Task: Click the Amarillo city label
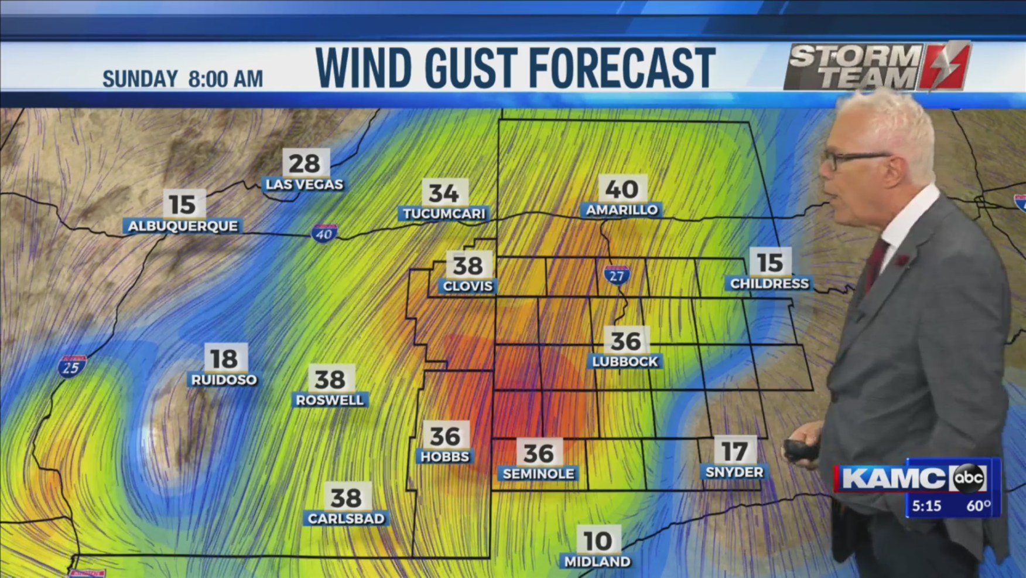[x=622, y=210]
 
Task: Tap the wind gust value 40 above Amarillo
[x=622, y=189]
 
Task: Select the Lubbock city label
[x=625, y=362]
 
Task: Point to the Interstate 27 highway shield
[x=617, y=275]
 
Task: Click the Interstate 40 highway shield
[x=324, y=233]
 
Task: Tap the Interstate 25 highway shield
[x=71, y=366]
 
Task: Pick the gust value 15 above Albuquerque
[x=183, y=205]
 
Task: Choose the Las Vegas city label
[x=304, y=185]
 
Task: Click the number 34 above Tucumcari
[x=444, y=193]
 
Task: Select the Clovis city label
[x=467, y=286]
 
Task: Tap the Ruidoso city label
[x=224, y=380]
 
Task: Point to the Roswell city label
[x=330, y=400]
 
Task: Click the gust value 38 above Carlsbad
[x=346, y=498]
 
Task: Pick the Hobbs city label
[x=444, y=457]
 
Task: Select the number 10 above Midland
[x=597, y=540]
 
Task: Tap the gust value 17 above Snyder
[x=734, y=451]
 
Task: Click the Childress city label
[x=769, y=284]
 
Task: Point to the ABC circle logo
[x=969, y=478]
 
